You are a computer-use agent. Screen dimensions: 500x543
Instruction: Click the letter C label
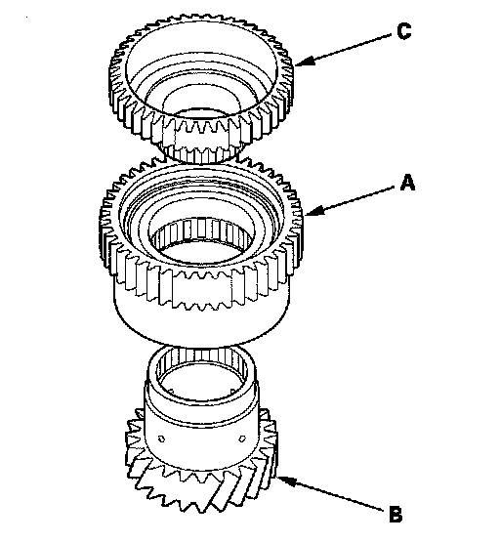point(403,31)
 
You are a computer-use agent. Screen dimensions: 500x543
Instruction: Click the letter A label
point(407,183)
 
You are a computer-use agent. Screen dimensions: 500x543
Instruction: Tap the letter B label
point(396,515)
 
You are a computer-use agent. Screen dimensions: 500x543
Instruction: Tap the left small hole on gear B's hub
point(161,439)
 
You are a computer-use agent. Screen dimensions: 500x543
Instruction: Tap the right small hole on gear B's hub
point(241,439)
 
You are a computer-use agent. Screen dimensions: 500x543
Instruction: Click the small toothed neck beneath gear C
point(202,152)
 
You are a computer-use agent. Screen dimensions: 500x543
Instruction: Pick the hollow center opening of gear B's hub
point(202,381)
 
